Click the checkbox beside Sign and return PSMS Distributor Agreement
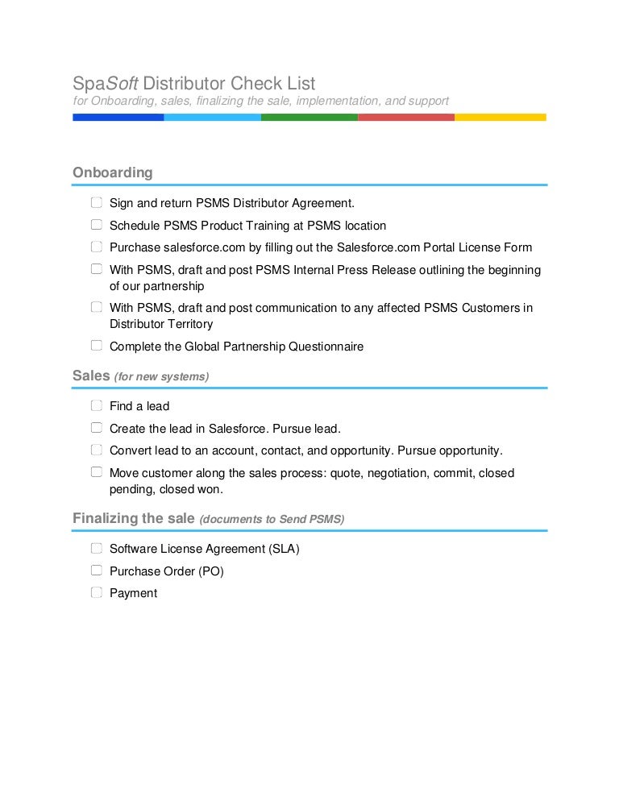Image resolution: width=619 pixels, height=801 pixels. pos(96,202)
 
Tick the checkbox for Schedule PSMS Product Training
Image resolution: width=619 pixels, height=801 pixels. pos(96,225)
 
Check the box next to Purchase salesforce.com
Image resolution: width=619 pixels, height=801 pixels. pos(96,247)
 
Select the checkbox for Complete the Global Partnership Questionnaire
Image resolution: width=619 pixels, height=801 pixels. pos(96,346)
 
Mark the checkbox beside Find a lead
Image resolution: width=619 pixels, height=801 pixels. pos(96,405)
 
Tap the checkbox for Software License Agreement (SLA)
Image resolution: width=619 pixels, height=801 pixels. pos(96,548)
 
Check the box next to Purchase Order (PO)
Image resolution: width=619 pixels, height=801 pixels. pos(96,571)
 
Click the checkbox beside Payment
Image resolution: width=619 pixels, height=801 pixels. pos(96,592)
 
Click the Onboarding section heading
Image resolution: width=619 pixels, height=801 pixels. pos(112,172)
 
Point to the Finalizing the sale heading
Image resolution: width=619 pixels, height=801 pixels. pos(133,518)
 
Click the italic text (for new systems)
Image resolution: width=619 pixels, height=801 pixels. pos(161,377)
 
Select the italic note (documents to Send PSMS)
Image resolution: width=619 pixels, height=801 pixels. pos(272,520)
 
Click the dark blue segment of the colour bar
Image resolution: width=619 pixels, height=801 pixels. pos(118,117)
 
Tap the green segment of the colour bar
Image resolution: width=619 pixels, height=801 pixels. pos(309,117)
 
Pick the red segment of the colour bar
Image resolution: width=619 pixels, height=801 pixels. pos(405,117)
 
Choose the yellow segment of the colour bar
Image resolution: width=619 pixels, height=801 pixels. pos(500,117)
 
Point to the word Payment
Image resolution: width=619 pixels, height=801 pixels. pos(133,593)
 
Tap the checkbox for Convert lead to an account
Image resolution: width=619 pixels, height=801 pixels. pos(96,450)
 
